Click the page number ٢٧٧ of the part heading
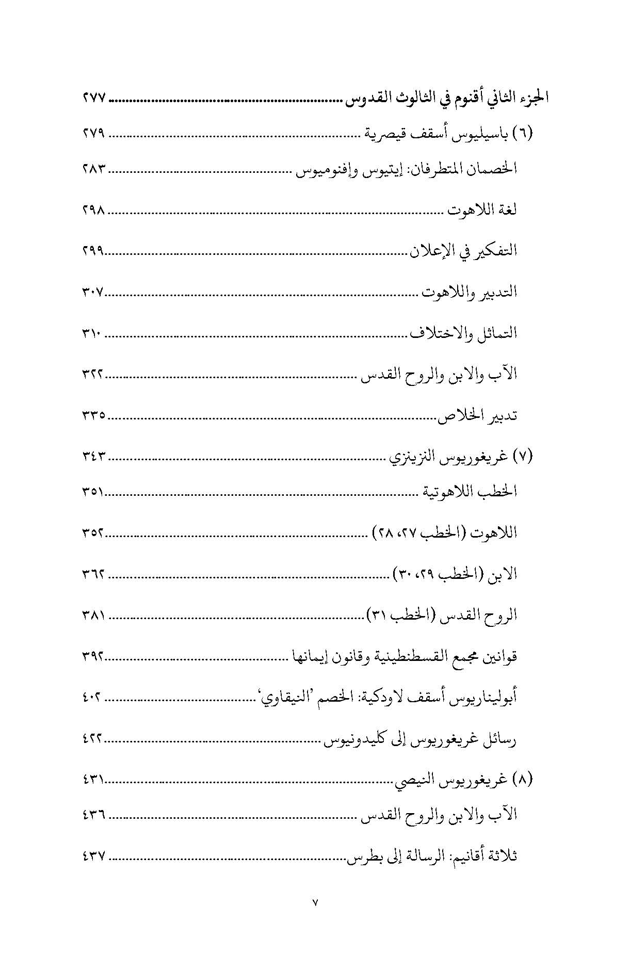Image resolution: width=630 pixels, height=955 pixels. pyautogui.click(x=93, y=97)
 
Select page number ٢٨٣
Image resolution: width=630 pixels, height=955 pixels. pyautogui.click(x=93, y=169)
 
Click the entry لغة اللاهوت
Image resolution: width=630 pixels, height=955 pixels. pyautogui.click(x=482, y=211)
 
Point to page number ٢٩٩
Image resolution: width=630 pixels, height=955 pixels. pyautogui.click(x=93, y=251)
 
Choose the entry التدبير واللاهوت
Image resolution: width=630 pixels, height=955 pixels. pyautogui.click(x=469, y=293)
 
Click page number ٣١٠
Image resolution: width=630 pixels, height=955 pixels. pyautogui.click(x=93, y=334)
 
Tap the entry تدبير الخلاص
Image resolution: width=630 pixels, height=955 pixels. pyautogui.click(x=478, y=416)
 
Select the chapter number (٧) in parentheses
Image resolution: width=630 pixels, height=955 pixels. pyautogui.click(x=523, y=457)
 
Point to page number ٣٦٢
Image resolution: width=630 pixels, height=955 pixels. pyautogui.click(x=93, y=574)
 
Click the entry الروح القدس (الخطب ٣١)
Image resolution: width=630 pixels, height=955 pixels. pyautogui.click(x=441, y=616)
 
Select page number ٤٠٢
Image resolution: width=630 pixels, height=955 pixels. pyautogui.click(x=93, y=699)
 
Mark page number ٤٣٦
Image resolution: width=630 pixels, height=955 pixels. pyautogui.click(x=93, y=815)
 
